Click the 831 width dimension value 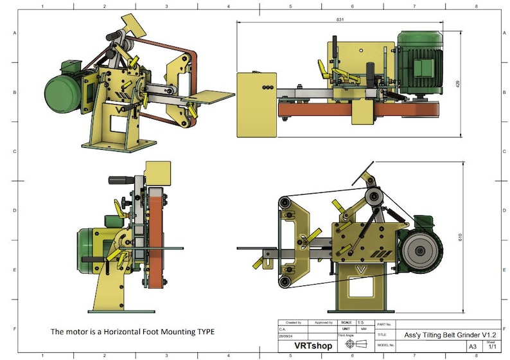click(x=339, y=20)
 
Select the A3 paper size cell click(x=473, y=346)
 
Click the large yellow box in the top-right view click(x=256, y=104)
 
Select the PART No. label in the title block click(x=385, y=325)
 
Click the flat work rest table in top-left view click(x=211, y=97)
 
